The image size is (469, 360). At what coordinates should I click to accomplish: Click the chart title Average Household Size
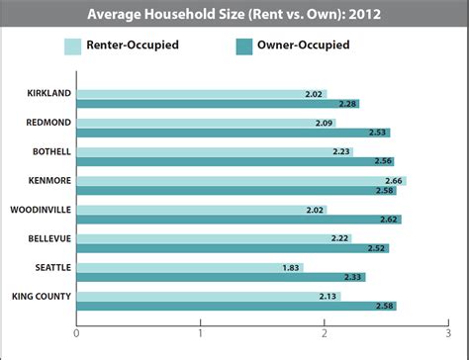click(234, 15)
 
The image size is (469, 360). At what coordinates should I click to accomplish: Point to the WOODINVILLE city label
click(40, 210)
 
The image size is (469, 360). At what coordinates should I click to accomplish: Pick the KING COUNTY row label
click(41, 296)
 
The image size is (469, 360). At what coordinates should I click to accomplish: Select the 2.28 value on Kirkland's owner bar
click(347, 104)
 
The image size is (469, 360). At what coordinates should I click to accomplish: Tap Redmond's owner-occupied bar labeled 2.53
click(233, 133)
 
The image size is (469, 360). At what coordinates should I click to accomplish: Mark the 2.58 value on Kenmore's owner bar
click(384, 190)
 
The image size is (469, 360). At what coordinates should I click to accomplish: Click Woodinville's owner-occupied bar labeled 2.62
click(238, 219)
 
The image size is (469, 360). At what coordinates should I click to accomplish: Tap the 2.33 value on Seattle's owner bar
click(353, 277)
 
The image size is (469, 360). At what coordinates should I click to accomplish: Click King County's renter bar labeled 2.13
click(209, 296)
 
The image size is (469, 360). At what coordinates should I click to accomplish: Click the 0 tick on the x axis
click(76, 332)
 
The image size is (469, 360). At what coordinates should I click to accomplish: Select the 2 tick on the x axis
click(325, 332)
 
